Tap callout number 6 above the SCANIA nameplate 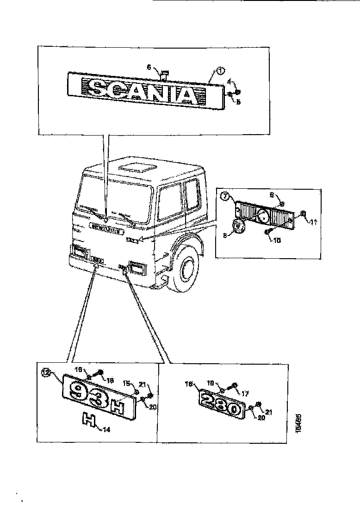[x=149, y=68]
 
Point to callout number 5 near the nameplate [x=239, y=101]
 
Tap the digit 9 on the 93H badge [x=74, y=391]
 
